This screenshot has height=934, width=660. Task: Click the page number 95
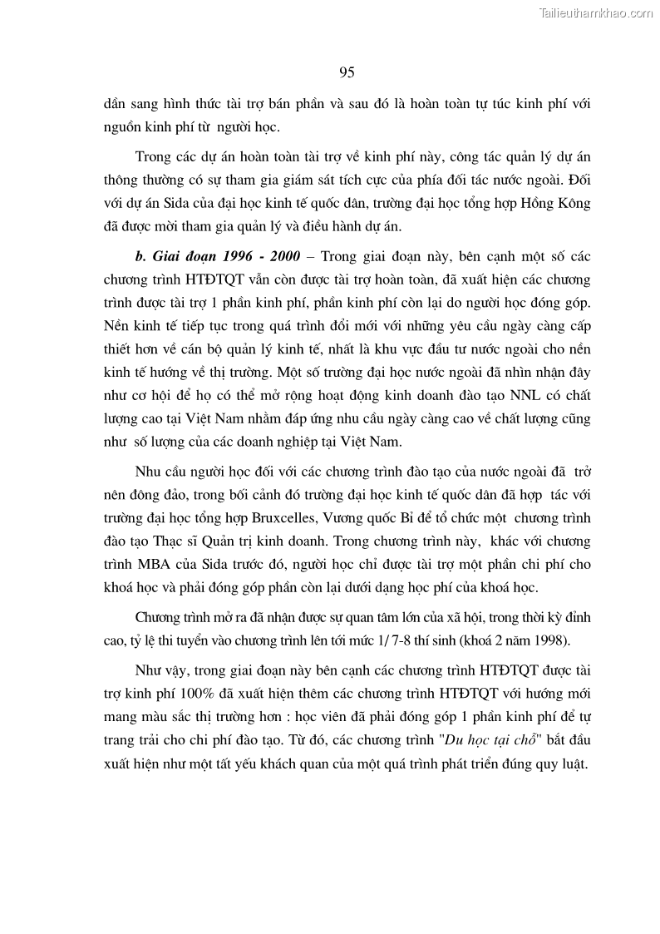coord(347,73)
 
